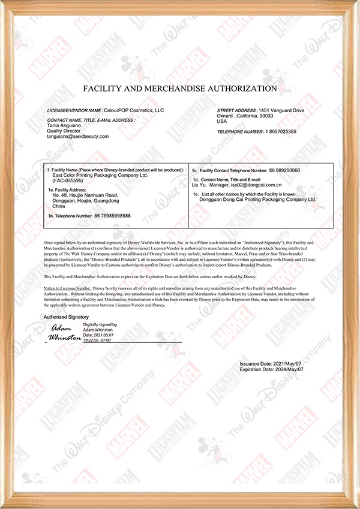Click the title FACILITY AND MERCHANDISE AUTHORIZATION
point(180,88)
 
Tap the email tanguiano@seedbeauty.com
point(78,137)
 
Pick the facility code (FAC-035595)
point(69,180)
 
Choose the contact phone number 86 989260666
point(283,171)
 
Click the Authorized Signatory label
point(66,317)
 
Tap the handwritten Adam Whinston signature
point(64,333)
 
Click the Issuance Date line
point(271,364)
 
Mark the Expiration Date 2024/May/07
point(284,370)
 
